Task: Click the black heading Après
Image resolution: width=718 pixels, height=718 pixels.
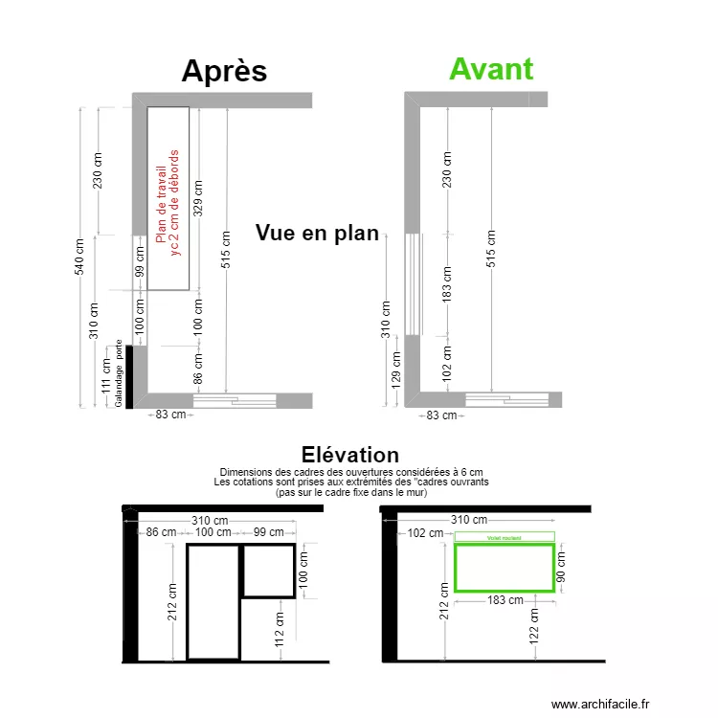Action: (224, 72)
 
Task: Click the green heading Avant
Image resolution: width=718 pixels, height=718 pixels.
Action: (491, 69)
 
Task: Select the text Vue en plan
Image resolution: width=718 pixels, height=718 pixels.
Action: (317, 234)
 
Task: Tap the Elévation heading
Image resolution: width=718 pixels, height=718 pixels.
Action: (349, 455)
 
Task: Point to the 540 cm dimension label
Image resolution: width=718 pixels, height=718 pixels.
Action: (80, 256)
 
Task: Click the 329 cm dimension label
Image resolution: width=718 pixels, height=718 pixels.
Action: (198, 196)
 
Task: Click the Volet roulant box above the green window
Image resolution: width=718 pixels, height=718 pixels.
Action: (505, 538)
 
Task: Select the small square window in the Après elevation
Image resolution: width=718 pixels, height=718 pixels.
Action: (267, 571)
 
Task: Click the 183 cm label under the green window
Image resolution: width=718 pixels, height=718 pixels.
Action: (505, 601)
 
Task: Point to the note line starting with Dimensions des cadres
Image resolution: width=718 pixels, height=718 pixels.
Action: (350, 472)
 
